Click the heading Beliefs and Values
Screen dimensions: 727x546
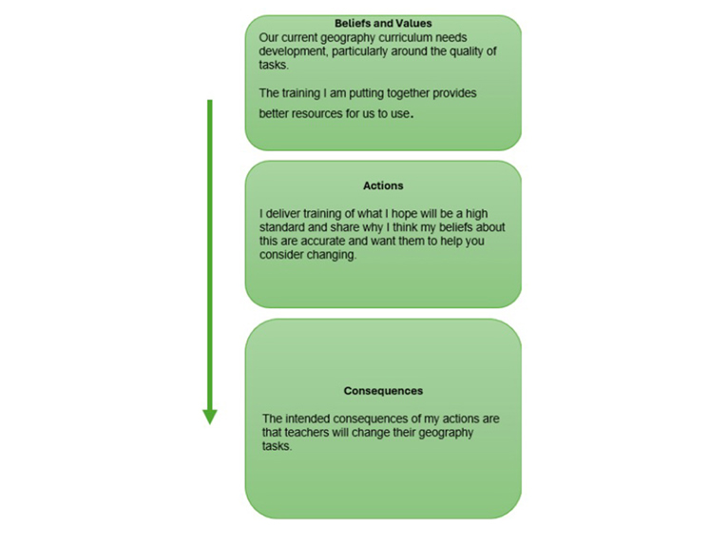[x=383, y=23]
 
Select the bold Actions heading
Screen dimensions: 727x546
[x=383, y=185]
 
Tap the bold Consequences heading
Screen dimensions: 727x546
[x=383, y=391]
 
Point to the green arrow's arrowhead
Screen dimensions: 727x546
[x=210, y=417]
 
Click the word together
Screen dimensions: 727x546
[x=408, y=93]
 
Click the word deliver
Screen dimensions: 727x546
[x=283, y=214]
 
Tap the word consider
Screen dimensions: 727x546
[x=277, y=255]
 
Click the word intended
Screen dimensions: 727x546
[x=307, y=419]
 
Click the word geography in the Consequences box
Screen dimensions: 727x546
[x=446, y=433]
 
